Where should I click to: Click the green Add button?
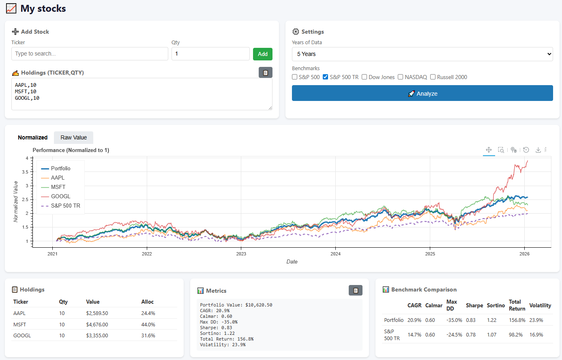[x=262, y=54]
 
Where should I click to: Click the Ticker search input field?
[x=90, y=54]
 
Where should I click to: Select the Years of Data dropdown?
[x=422, y=54]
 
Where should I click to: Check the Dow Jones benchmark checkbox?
[x=365, y=77]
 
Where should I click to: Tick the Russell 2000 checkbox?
[x=433, y=77]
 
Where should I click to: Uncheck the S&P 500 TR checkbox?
[x=325, y=77]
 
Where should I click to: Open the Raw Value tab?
[x=73, y=137]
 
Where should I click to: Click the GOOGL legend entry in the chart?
[x=60, y=196]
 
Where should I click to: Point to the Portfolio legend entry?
[x=60, y=168]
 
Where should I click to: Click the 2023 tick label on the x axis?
[x=241, y=254]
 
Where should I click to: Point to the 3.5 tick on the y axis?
[x=25, y=172]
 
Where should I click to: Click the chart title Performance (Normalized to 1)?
[x=71, y=150]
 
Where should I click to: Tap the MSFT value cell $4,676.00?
[x=97, y=325]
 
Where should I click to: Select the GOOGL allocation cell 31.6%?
[x=148, y=336]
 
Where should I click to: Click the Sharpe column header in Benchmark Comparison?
[x=474, y=306]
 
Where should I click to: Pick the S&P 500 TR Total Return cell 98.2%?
[x=516, y=335]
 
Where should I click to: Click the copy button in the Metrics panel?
[x=355, y=290]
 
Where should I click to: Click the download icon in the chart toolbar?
[x=538, y=150]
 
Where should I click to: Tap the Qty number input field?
[x=210, y=54]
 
